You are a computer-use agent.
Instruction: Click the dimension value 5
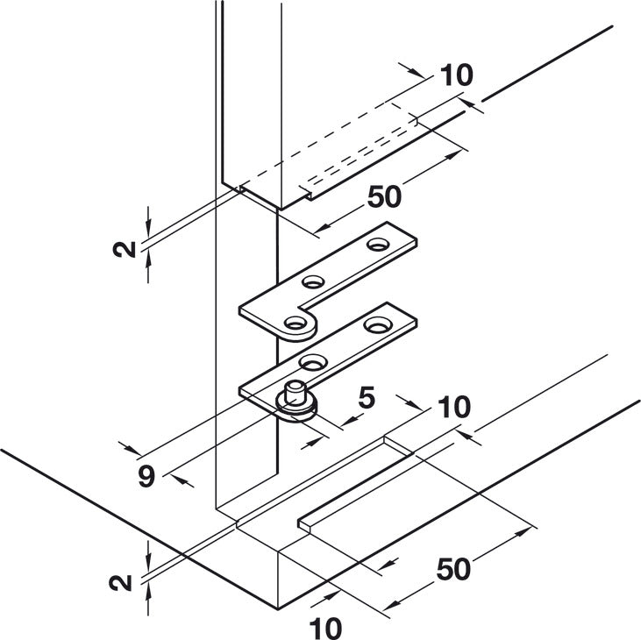coord(367,398)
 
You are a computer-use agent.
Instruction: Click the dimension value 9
coord(146,477)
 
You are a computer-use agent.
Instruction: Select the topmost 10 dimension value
coord(457,75)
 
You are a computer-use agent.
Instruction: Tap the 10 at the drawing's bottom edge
coord(325,628)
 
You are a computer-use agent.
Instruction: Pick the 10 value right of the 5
coord(454,407)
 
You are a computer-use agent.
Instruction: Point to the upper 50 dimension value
coord(385,196)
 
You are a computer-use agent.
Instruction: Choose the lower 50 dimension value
coord(453,569)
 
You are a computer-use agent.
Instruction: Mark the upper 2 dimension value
coord(125,249)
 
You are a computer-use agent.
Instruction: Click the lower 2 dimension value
coord(121,582)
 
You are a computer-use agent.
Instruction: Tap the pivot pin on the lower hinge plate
coord(296,391)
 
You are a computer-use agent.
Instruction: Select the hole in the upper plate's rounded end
coord(296,324)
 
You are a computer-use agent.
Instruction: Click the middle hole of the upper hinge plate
coord(314,281)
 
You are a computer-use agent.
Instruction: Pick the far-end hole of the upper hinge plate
coord(378,245)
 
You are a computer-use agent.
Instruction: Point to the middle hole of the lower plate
coord(313,362)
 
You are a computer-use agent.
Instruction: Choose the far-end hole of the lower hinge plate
coord(378,325)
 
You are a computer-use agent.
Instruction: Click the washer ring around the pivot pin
coord(296,405)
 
